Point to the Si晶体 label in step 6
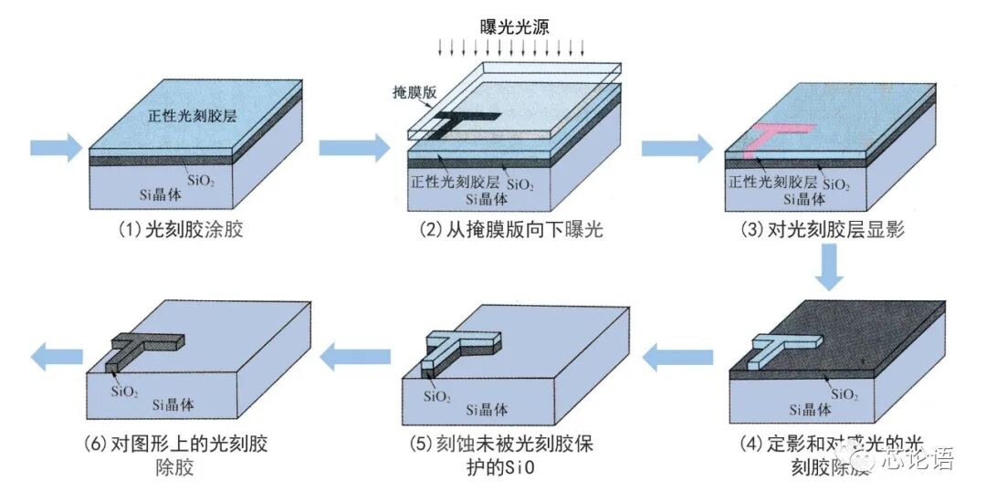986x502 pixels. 173,406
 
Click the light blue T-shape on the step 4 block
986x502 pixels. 775,348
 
